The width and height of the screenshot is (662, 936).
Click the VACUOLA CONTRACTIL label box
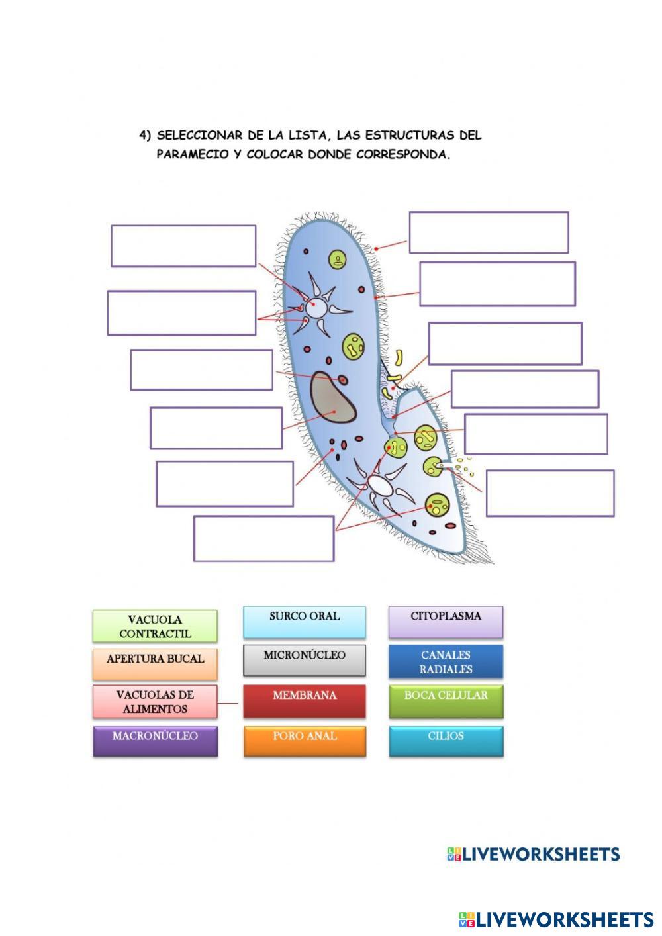[155, 626]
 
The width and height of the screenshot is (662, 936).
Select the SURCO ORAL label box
[305, 622]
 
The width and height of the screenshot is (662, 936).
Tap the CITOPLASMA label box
[446, 622]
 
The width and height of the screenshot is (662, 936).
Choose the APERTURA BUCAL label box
[155, 664]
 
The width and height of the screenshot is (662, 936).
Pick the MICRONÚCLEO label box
[305, 661]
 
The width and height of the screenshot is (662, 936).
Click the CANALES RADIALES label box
[446, 662]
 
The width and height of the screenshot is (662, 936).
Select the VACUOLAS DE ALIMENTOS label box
[155, 702]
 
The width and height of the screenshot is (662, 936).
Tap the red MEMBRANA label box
[305, 702]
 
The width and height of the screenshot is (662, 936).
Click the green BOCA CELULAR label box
[446, 702]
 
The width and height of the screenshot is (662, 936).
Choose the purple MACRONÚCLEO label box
[155, 741]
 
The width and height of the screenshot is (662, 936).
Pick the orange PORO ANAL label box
[305, 741]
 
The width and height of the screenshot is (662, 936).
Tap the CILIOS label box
[446, 741]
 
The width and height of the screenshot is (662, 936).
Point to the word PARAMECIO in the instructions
[198, 155]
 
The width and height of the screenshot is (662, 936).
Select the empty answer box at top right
[489, 232]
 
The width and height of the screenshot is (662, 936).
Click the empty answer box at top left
[183, 246]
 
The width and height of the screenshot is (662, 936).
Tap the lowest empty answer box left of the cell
[263, 539]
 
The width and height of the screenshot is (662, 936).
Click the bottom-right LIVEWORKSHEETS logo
[556, 919]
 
